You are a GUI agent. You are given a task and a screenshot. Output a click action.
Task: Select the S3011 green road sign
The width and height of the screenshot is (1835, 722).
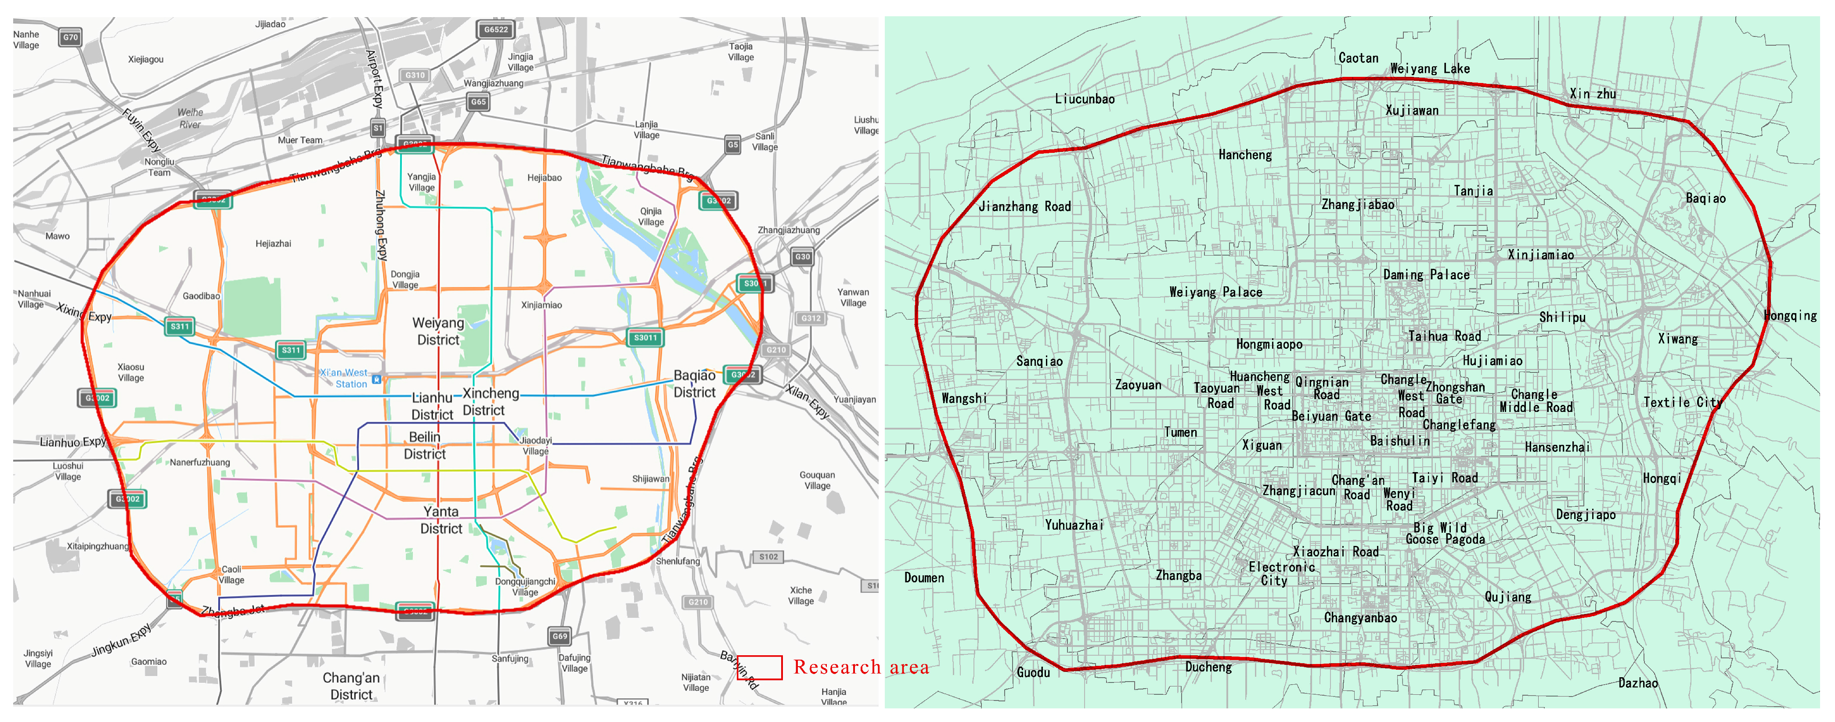click(645, 338)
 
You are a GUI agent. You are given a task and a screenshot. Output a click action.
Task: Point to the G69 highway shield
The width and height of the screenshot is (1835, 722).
click(560, 636)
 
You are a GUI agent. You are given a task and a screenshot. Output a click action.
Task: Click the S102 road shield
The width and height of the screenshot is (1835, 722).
click(768, 556)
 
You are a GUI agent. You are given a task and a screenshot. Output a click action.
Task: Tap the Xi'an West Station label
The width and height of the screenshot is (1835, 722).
click(346, 379)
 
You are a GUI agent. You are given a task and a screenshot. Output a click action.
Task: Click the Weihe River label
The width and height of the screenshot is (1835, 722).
click(190, 118)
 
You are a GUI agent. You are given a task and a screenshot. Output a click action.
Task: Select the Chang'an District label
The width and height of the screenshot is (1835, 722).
click(351, 686)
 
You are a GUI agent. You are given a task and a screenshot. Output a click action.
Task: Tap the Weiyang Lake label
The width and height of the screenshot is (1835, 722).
click(1430, 69)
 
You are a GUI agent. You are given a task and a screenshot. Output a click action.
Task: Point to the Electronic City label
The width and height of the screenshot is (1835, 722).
click(1281, 573)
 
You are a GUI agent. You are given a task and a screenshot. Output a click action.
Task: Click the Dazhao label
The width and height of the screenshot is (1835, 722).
click(1638, 683)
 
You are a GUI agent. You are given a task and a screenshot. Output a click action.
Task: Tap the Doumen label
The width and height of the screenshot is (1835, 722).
click(924, 578)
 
